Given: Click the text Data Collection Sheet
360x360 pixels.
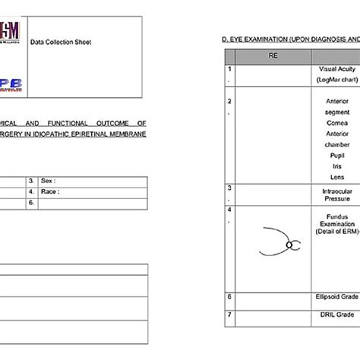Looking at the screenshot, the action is click(61, 43).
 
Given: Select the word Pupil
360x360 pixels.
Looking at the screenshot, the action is click(336, 153).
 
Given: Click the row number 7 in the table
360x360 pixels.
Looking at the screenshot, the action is click(229, 312).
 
